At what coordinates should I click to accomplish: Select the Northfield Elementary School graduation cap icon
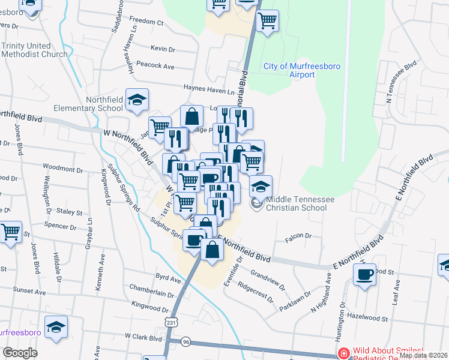(137, 101)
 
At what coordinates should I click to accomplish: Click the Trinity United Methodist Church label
(34, 50)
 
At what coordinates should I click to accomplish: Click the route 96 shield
(186, 342)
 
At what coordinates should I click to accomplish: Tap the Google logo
(20, 353)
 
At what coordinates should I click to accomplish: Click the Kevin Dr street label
(163, 49)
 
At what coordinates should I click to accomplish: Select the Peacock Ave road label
(155, 66)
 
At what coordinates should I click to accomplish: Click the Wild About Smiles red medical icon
(343, 353)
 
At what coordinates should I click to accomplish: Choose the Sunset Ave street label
(30, 292)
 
